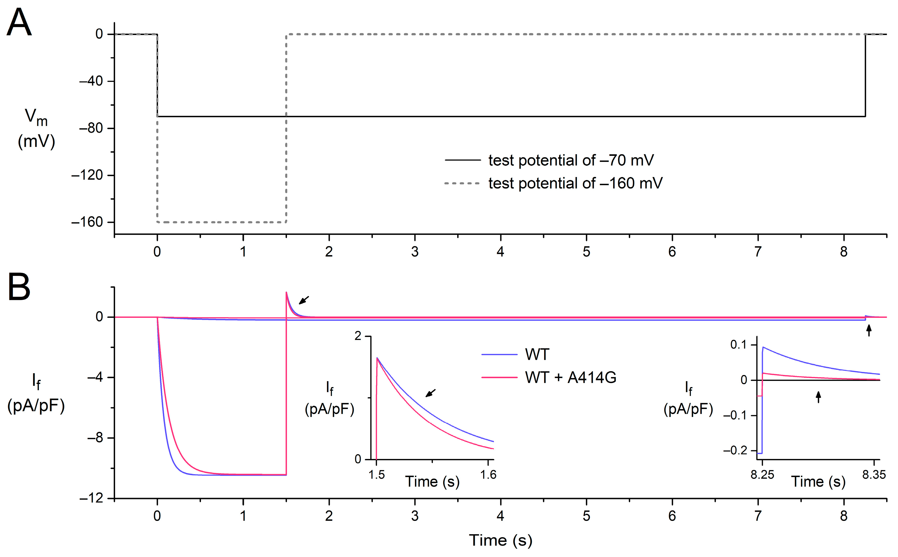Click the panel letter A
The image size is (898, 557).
19,23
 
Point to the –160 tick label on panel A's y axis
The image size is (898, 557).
87,222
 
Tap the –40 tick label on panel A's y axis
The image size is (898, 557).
91,81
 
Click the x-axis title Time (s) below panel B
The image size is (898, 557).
501,540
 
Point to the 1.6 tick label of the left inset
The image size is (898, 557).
488,475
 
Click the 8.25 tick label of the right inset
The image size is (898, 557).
762,475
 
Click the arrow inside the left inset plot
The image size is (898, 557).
430,393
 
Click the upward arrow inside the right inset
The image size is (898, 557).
819,397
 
